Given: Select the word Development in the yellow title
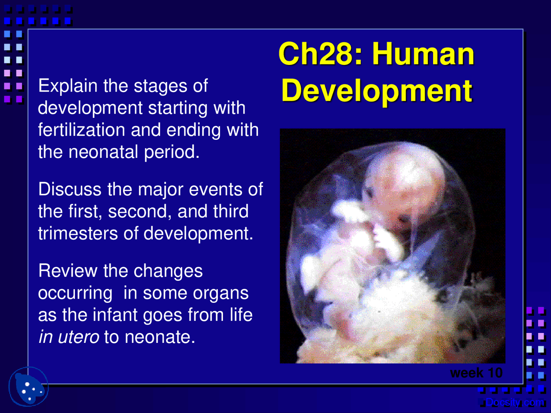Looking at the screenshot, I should (x=377, y=91).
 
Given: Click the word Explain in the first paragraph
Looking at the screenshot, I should (x=68, y=86).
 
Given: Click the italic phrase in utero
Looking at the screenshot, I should (x=69, y=337).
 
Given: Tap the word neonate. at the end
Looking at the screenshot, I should (x=160, y=337).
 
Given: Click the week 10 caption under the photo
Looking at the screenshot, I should (x=476, y=373).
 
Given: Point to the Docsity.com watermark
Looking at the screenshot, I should (x=514, y=403).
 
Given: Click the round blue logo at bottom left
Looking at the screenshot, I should (x=28, y=386).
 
